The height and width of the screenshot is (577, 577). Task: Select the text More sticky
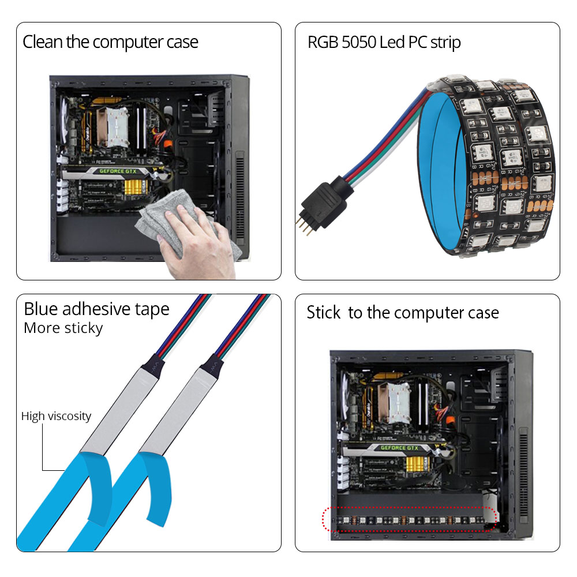coord(63,328)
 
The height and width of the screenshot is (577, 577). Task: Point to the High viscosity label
coord(56,416)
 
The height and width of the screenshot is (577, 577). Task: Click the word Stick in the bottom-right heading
coord(324,313)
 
